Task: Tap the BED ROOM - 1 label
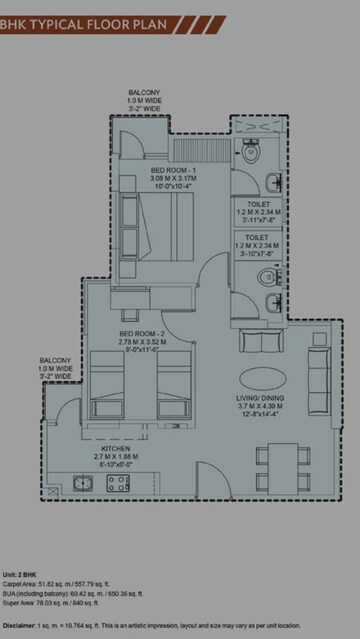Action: coord(172,171)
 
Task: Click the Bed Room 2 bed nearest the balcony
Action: coord(111,384)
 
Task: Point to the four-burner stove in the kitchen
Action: coord(118,484)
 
